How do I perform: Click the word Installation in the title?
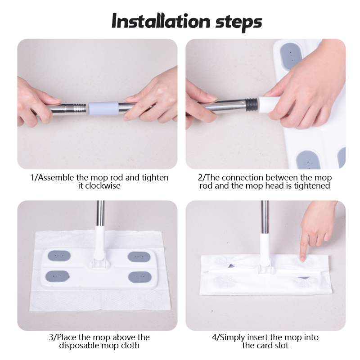pos(161,21)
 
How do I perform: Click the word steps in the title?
pos(239,22)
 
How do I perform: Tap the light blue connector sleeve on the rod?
pos(103,108)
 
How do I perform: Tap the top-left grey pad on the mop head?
pos(59,256)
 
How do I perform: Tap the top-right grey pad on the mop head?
pos(139,256)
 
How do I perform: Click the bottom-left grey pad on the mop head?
pos(58,276)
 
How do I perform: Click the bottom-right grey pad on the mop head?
pos(139,277)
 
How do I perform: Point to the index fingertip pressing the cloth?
pos(302,259)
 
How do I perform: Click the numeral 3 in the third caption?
pos(51,337)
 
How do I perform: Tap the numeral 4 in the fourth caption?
pos(214,337)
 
